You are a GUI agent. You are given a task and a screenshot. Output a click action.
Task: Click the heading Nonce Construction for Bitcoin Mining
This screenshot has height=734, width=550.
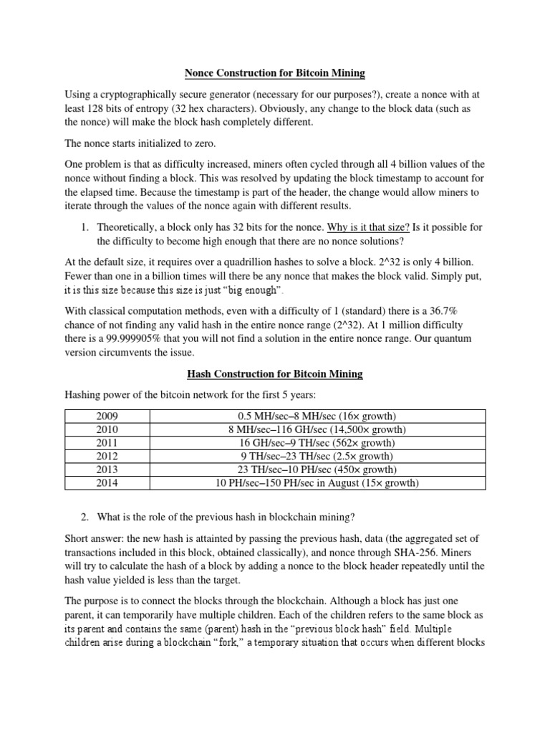[x=275, y=72]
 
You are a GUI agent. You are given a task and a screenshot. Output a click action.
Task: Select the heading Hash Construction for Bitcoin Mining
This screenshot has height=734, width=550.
[x=275, y=373]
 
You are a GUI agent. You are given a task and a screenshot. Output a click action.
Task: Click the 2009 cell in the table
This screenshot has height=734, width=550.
[x=111, y=416]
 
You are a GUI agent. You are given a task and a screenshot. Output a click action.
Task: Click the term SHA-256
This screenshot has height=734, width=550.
[x=423, y=552]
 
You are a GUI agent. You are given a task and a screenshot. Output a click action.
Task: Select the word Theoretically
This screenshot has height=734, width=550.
[x=132, y=227]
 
